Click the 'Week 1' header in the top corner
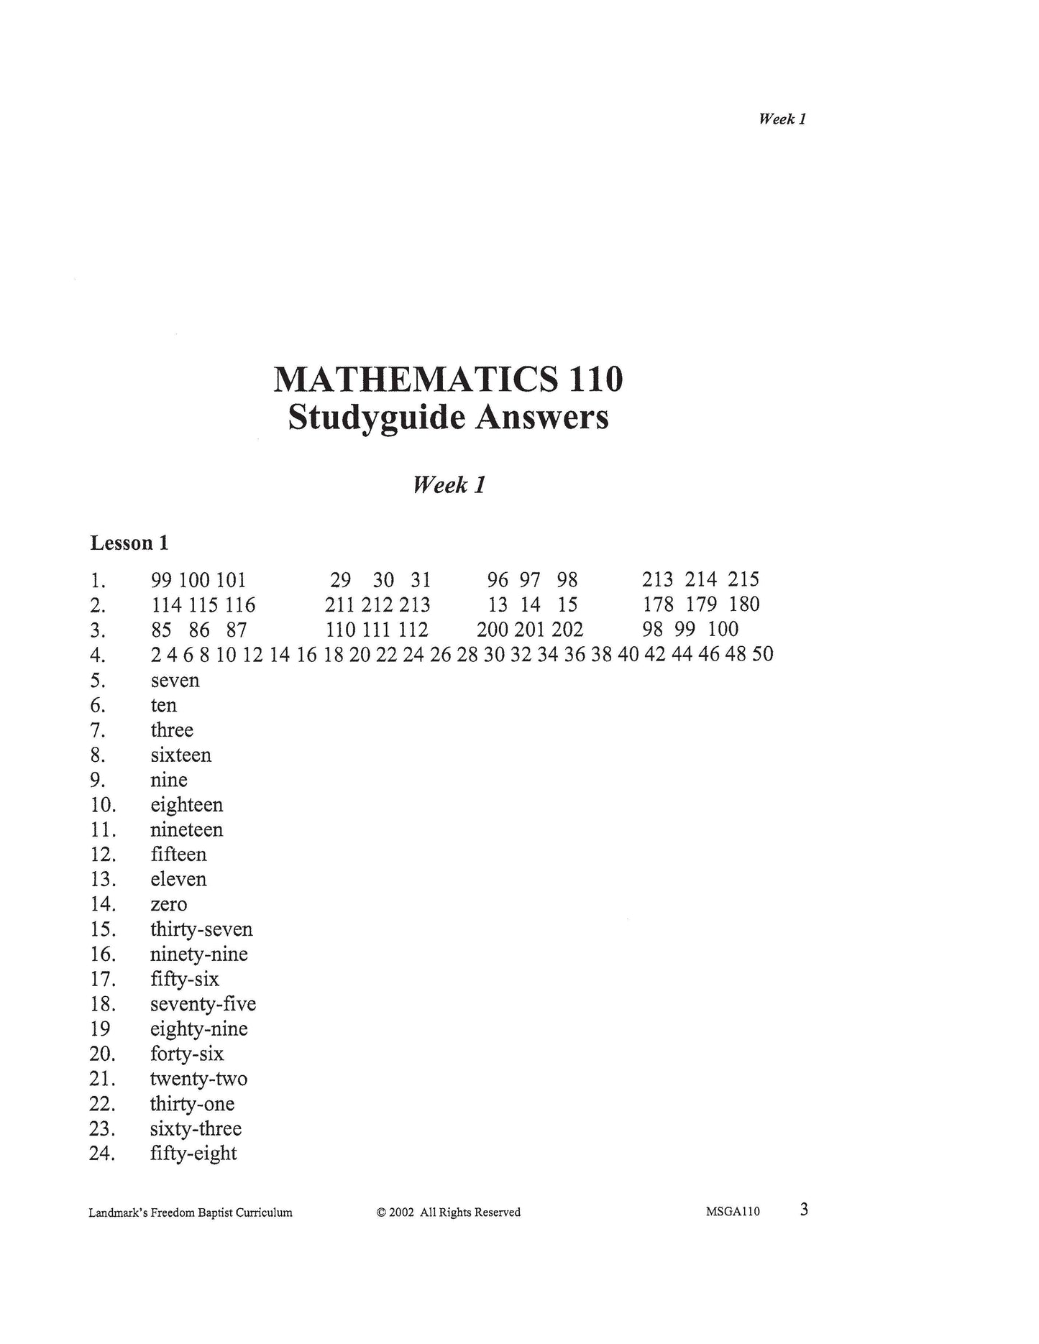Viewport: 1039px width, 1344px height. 782,119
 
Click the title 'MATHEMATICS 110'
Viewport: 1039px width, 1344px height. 448,379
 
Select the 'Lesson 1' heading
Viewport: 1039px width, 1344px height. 129,543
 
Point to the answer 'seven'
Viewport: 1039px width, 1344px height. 175,681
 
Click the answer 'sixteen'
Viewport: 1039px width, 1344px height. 180,755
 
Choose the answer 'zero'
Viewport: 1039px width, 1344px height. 168,905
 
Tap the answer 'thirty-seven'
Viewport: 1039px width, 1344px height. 201,929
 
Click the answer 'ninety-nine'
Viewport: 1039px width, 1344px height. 198,954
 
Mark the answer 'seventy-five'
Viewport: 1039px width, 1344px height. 203,1004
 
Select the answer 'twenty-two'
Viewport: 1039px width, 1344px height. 198,1079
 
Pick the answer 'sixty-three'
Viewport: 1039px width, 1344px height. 196,1128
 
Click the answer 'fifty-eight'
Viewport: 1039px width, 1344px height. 193,1154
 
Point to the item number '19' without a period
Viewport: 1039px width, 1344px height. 100,1029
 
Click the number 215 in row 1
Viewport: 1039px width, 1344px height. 743,580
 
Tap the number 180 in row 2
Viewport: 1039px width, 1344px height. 744,604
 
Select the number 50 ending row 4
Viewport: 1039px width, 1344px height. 762,655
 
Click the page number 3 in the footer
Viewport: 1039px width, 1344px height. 804,1210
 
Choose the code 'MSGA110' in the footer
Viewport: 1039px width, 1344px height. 733,1212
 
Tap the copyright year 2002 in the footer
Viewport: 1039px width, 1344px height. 401,1212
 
